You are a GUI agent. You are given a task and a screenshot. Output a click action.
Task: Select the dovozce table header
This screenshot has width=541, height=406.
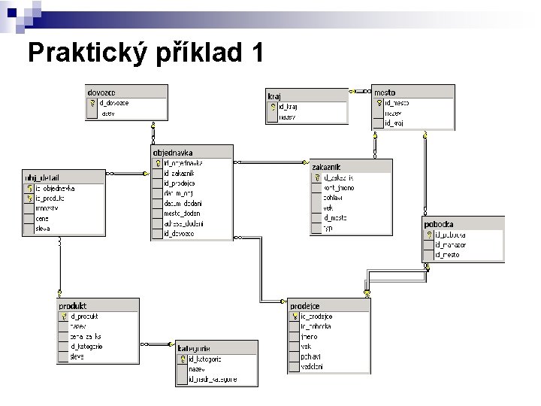[x=101, y=92]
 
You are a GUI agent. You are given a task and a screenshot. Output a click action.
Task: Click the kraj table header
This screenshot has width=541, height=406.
[x=274, y=96]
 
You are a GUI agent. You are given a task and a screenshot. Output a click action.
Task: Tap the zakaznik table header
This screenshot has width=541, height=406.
[x=327, y=167]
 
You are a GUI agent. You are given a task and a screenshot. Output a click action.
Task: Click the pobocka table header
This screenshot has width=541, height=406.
[x=439, y=224]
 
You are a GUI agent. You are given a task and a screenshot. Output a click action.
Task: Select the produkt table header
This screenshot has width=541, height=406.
[x=73, y=306]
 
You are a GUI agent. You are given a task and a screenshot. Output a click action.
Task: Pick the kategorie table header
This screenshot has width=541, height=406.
[x=194, y=349]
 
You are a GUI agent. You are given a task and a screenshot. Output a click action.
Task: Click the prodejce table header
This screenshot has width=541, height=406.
[x=306, y=306]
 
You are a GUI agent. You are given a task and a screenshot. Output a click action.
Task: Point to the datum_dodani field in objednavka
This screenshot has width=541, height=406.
[x=183, y=203]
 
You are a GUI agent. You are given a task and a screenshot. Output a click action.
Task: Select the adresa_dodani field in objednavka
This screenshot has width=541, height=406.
[x=183, y=223]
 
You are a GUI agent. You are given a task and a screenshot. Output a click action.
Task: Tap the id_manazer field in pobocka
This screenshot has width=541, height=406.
[x=451, y=245]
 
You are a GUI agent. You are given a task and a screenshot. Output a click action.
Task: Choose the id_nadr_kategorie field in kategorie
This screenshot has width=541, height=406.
[x=213, y=380]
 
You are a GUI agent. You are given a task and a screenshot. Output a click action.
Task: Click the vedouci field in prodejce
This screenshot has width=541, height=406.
[x=312, y=367]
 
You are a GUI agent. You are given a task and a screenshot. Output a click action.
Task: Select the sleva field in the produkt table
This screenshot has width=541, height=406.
[x=77, y=357]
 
